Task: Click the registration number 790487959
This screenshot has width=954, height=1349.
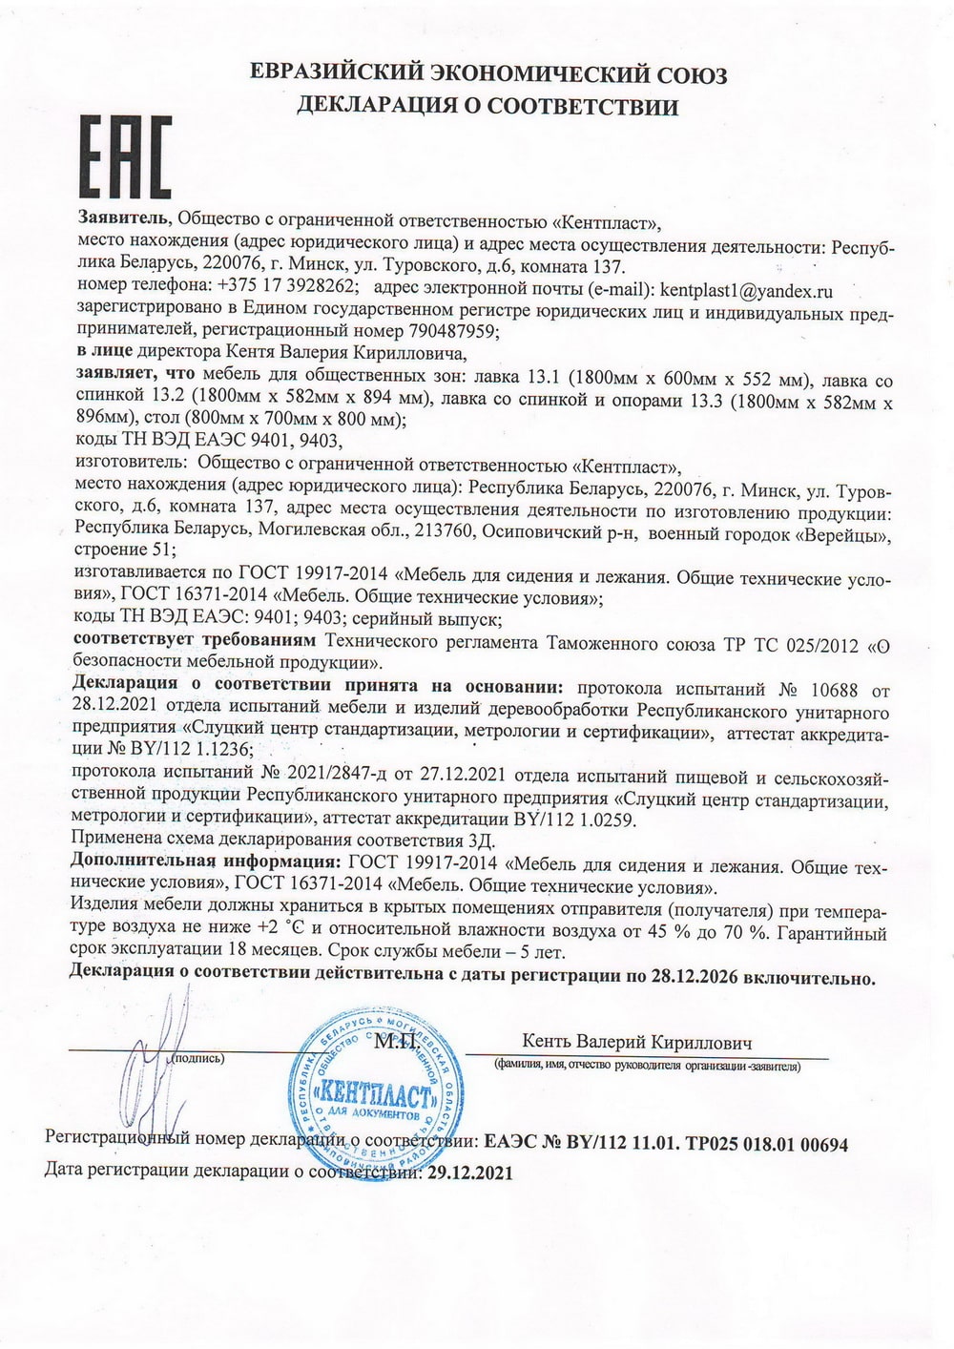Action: coord(448,331)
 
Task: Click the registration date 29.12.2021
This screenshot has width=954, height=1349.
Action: coord(468,1174)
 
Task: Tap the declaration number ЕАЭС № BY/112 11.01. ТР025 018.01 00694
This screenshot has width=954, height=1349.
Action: coord(666,1142)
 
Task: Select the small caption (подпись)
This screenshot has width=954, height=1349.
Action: coord(198,1058)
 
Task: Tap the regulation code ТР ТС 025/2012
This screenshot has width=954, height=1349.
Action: coord(797,646)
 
